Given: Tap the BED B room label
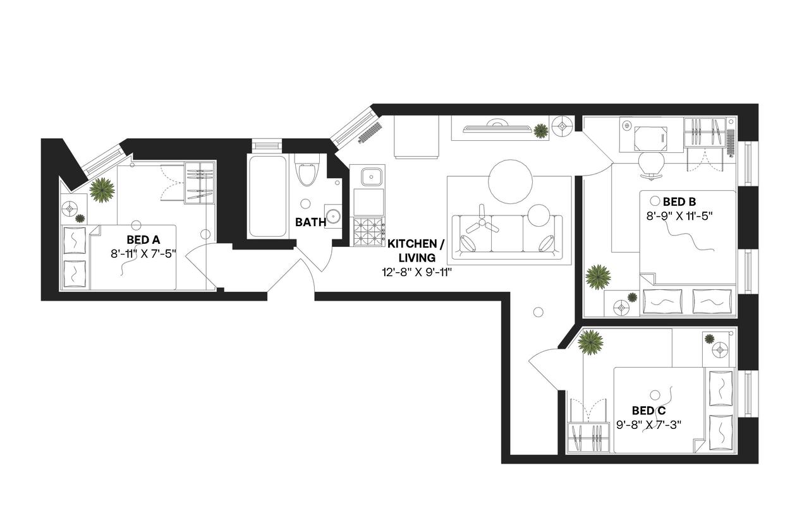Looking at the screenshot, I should (x=679, y=202).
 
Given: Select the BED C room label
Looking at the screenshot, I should (x=648, y=411).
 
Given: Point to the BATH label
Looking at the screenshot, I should (x=311, y=222).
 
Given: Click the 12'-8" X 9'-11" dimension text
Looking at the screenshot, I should (x=412, y=272).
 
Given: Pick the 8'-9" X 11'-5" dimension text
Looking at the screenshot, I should (x=679, y=216).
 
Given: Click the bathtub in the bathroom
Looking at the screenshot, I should (x=266, y=196).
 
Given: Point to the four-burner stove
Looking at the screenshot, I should (x=368, y=231).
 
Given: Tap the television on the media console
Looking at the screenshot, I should (x=496, y=128).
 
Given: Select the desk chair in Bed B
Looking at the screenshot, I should (x=652, y=162).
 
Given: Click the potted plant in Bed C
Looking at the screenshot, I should (x=591, y=342).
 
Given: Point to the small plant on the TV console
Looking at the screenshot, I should (x=541, y=131).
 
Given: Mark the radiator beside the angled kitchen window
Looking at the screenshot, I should (x=370, y=133).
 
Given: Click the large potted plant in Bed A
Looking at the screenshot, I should (x=102, y=189).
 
